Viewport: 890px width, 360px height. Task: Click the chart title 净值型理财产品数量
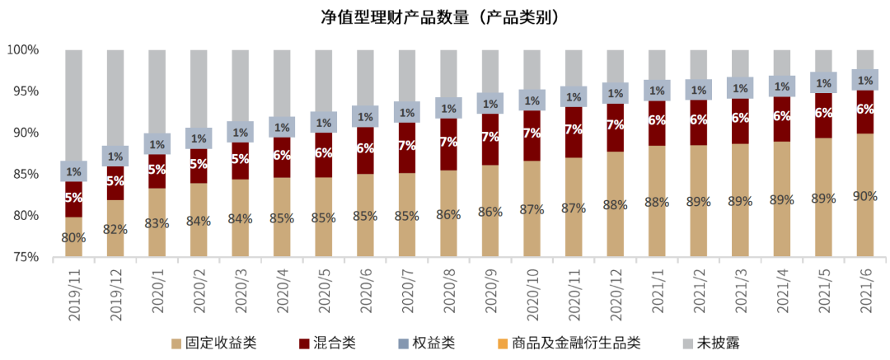[x=445, y=17]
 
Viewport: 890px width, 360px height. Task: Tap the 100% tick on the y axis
[x=23, y=50]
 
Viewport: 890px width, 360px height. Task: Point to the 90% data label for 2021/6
[x=865, y=196]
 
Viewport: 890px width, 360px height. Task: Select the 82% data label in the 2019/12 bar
[x=115, y=229]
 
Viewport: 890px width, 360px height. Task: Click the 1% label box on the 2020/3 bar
[x=240, y=132]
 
